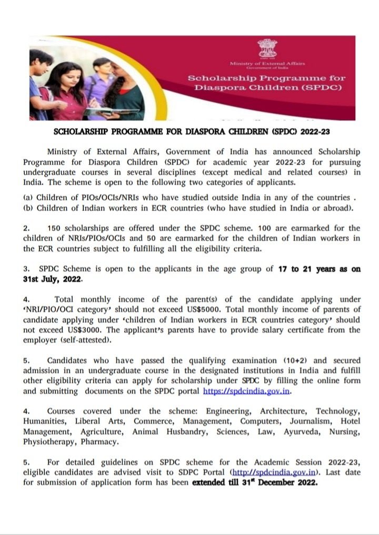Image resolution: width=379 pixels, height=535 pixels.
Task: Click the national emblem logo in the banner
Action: [264, 50]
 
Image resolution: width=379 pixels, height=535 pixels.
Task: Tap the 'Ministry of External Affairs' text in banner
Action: [264, 65]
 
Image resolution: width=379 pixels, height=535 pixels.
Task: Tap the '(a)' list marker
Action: [29, 197]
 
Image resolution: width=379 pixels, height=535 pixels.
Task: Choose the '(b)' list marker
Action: [29, 207]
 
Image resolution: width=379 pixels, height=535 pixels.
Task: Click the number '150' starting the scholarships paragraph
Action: [55, 228]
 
